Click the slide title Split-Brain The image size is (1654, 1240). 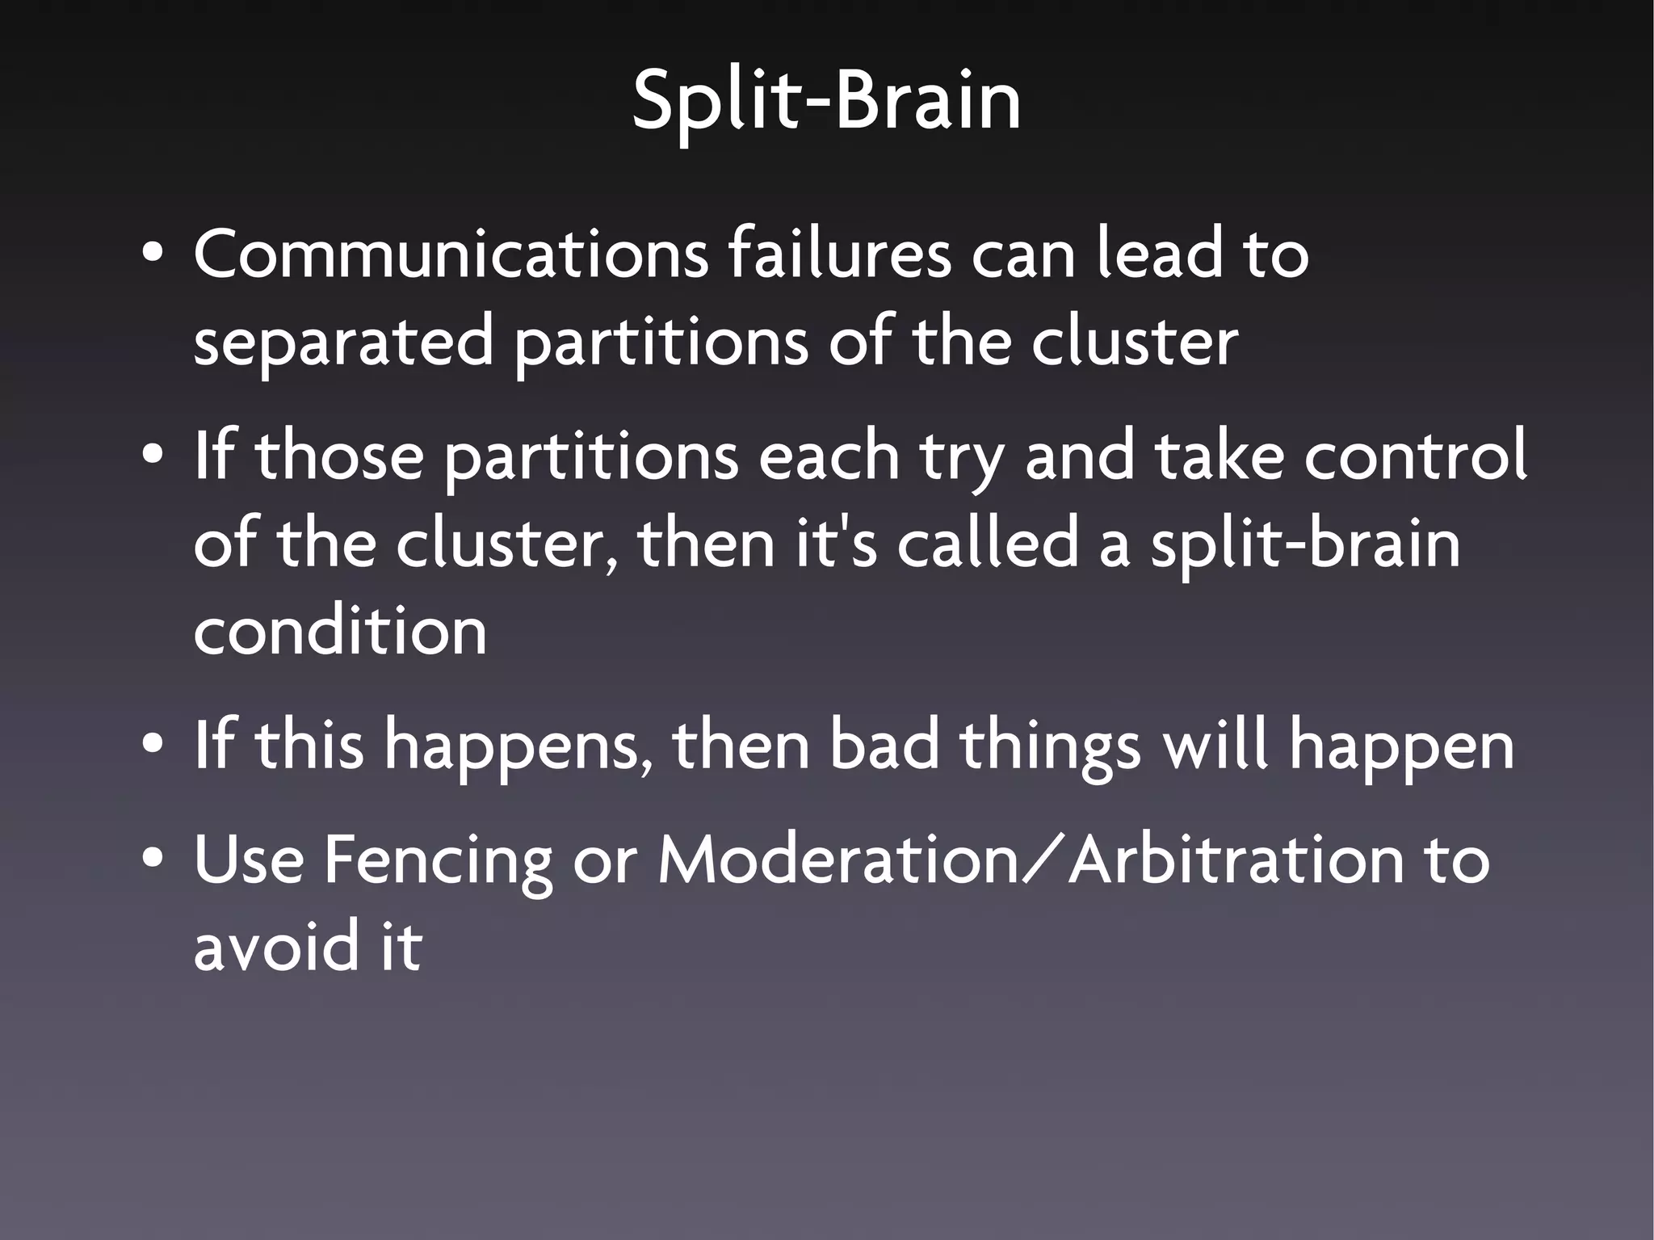tap(826, 101)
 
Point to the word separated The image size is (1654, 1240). tap(343, 343)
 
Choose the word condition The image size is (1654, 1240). tap(340, 631)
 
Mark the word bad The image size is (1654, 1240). tap(884, 746)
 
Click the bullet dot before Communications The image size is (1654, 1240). tap(152, 256)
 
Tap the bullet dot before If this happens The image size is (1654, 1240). tap(152, 746)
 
